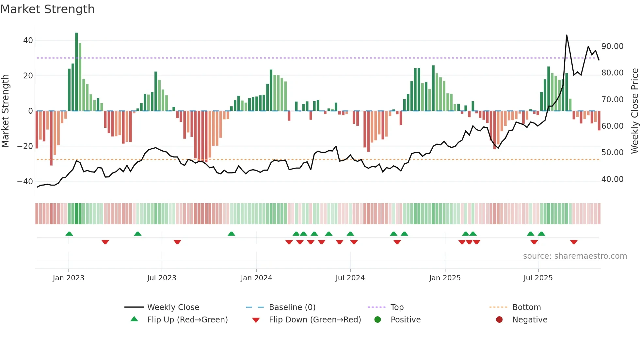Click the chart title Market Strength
47,9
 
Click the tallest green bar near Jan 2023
76,72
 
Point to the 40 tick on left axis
28,41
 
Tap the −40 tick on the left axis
25,181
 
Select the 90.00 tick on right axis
612,46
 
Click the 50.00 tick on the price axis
612,153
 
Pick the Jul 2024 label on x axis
350,278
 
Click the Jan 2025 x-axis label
445,278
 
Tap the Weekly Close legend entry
173,307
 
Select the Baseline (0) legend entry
292,307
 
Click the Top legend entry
397,307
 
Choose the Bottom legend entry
526,307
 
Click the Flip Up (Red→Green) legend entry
187,320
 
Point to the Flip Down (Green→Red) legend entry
315,320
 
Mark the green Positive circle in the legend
378,320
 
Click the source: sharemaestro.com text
575,256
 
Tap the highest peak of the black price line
567,35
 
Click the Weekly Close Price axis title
634,111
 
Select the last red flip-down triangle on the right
574,242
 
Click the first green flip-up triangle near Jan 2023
69,234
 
